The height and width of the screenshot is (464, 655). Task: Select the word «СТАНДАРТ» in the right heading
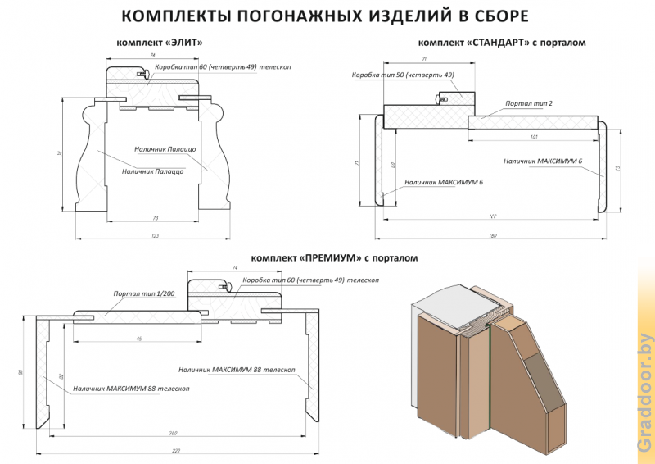point(496,43)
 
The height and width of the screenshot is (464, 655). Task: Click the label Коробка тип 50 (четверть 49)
point(403,75)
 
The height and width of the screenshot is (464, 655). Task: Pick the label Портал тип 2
point(529,103)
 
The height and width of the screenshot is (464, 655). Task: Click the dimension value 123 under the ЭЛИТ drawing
point(155,236)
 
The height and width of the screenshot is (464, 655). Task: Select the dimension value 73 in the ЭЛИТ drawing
point(155,218)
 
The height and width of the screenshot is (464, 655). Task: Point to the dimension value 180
point(493,236)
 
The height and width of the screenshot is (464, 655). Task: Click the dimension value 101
point(534,136)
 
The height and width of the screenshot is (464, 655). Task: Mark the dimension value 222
point(175,450)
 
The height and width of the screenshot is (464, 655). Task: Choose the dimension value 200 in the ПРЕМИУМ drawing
point(173,432)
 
